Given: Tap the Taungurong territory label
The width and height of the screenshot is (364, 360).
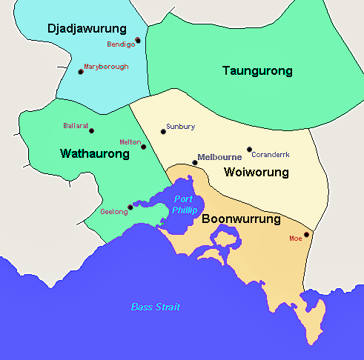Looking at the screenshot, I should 257,71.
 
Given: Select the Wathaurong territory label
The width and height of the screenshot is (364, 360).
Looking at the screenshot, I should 95,154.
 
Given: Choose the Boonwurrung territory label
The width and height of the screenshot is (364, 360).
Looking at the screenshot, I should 241,219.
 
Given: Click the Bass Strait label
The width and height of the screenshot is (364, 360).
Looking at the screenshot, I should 155,307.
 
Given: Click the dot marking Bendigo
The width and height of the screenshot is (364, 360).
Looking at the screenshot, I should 138,40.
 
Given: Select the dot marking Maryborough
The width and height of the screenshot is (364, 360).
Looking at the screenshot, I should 80,72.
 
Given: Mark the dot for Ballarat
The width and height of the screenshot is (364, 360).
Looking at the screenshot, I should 92,131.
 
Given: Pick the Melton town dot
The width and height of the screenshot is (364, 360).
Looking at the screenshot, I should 144,147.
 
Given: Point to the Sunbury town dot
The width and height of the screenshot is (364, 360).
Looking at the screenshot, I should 163,132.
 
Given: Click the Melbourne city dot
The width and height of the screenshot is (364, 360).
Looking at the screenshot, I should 195,162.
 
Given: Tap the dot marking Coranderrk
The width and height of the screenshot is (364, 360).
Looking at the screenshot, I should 249,149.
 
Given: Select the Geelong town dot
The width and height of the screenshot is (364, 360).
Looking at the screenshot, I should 130,207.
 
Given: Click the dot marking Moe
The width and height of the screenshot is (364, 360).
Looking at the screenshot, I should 306,234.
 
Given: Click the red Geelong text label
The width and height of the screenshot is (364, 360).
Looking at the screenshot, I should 113,212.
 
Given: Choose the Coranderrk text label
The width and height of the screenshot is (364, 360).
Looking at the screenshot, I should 270,155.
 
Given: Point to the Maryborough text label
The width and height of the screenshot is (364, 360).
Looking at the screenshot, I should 106,67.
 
